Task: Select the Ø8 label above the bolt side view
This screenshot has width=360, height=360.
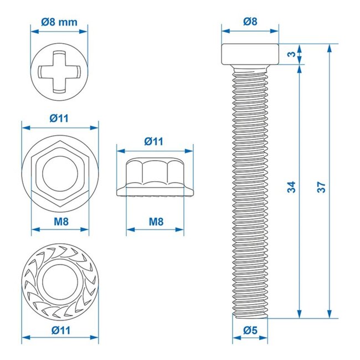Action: pyautogui.click(x=250, y=22)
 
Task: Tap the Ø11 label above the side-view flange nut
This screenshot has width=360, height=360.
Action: pyautogui.click(x=155, y=141)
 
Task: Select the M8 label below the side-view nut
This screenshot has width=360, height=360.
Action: pyautogui.click(x=156, y=222)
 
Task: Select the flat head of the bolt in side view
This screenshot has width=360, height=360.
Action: pyautogui.click(x=250, y=54)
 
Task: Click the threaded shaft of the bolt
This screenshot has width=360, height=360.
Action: pyautogui.click(x=250, y=188)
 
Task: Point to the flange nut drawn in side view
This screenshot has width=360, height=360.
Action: pyautogui.click(x=155, y=177)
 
